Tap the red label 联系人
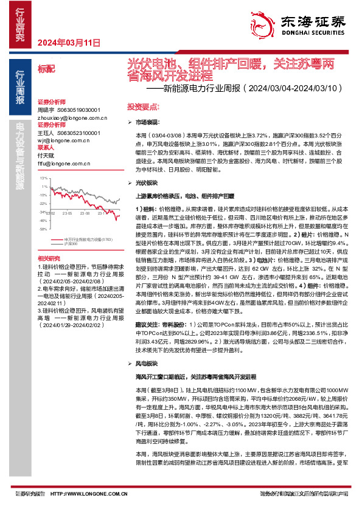pyautogui.click(x=46, y=147)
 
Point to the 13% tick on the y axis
pyautogui.click(x=43, y=179)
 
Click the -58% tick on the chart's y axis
pyautogui.click(x=43, y=230)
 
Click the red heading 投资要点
pyautogui.click(x=137, y=106)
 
